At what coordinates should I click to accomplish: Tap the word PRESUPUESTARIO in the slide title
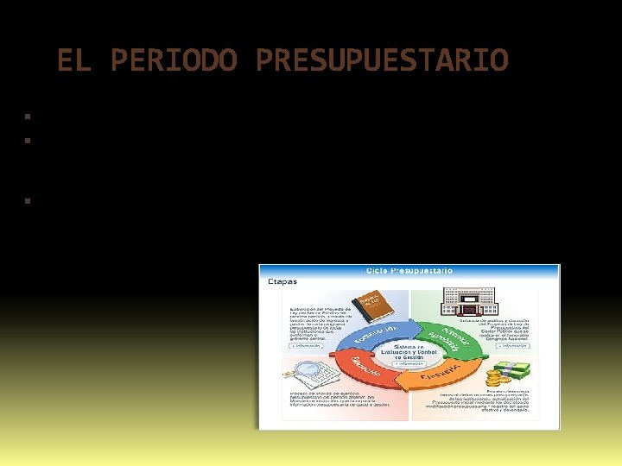[x=382, y=60]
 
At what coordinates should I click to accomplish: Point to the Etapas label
[x=282, y=281]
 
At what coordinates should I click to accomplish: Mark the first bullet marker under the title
[x=28, y=116]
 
